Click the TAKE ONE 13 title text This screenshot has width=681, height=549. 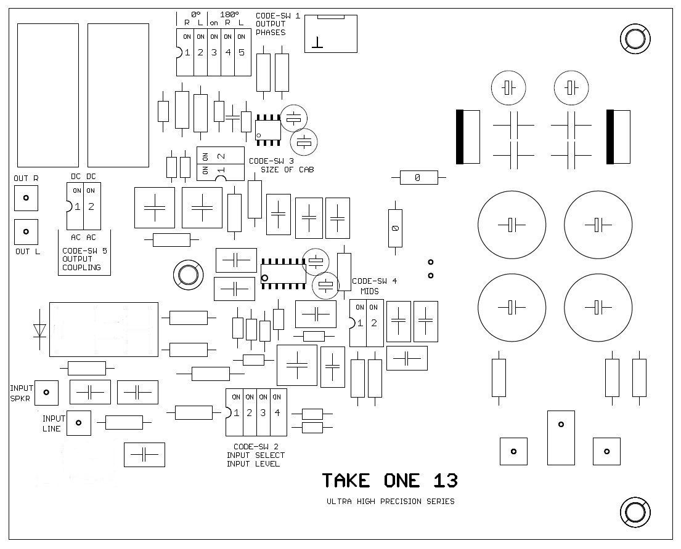click(x=389, y=481)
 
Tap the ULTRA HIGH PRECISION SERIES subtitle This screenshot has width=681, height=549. click(x=390, y=502)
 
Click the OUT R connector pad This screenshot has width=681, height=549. click(x=26, y=198)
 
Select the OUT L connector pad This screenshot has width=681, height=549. click(x=26, y=231)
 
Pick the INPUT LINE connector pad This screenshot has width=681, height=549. click(x=78, y=423)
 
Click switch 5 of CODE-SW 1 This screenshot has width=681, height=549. click(x=242, y=53)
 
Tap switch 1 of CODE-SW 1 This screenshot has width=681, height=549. click(x=187, y=53)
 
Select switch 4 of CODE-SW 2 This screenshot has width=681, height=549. click(x=277, y=412)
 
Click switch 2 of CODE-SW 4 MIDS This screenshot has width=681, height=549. click(x=373, y=323)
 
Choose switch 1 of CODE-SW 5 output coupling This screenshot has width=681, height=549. click(x=78, y=206)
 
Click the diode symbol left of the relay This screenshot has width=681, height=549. click(x=40, y=330)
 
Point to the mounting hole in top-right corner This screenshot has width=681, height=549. click(x=634, y=39)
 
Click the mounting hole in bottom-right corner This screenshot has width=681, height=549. click(x=634, y=511)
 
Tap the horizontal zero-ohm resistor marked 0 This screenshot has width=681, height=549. click(x=417, y=178)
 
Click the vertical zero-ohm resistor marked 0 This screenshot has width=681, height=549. click(x=395, y=228)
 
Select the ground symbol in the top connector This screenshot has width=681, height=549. click(x=317, y=42)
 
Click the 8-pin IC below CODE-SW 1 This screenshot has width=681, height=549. click(x=268, y=129)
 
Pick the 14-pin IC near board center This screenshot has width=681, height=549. click(x=283, y=271)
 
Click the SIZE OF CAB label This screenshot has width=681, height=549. click(x=287, y=170)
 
